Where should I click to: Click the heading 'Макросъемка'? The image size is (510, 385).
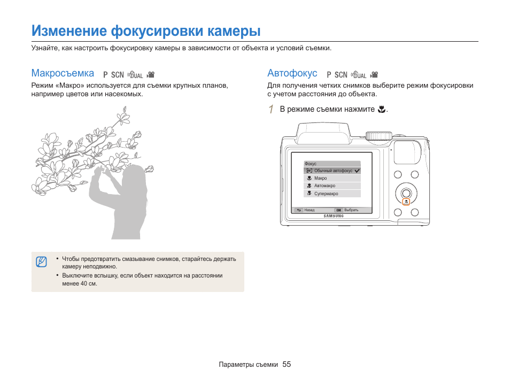click(63, 73)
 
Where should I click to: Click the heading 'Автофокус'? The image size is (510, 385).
click(292, 73)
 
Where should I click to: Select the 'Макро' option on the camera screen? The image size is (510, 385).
click(321, 178)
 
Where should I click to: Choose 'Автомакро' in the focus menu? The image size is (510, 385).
click(324, 186)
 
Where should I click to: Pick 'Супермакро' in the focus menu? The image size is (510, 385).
click(326, 194)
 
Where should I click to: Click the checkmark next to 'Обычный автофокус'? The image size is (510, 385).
click(357, 171)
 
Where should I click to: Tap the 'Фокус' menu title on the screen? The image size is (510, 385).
click(311, 164)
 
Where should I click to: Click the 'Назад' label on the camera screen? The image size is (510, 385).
click(310, 210)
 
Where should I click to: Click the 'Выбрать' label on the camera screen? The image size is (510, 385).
click(351, 210)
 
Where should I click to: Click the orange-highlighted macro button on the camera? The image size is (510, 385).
click(406, 202)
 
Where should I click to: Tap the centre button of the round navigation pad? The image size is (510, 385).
click(406, 192)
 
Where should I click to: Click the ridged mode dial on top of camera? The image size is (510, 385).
click(378, 135)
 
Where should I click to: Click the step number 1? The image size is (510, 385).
click(271, 110)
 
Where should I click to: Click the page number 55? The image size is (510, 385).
click(287, 364)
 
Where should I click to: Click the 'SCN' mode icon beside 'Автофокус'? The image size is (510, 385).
click(341, 75)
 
